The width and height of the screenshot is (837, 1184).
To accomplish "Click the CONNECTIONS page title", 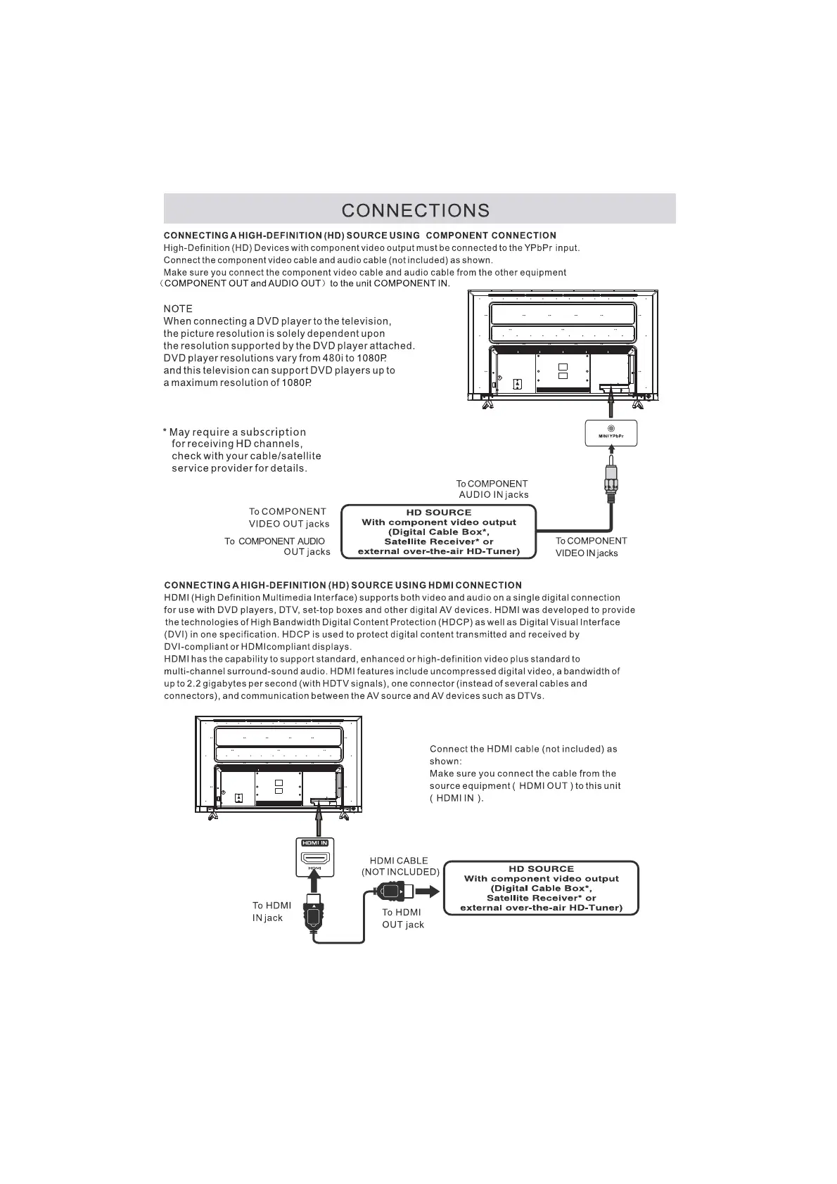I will coord(416,210).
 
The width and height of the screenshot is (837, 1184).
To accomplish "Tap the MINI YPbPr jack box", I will coord(611,433).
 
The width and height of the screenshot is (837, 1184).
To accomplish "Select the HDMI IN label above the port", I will coord(314,842).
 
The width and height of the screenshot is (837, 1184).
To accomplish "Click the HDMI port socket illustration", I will coord(315,858).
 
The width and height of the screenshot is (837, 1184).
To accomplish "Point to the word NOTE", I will coord(178,309).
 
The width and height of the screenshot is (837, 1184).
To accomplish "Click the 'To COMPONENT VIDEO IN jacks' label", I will coord(591,547).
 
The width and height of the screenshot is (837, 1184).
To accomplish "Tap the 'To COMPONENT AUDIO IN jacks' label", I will coord(492,489).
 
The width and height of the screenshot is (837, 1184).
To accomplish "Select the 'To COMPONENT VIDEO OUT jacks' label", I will coord(288,517).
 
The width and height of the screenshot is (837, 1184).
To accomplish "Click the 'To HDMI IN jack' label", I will coord(271,912).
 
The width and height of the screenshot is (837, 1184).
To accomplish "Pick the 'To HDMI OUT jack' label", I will coord(403,918).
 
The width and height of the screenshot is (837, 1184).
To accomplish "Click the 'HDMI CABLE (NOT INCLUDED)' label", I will coord(400,866).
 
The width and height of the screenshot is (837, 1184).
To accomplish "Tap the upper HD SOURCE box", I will coord(439,532).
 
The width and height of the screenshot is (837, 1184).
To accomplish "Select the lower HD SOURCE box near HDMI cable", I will coord(542,888).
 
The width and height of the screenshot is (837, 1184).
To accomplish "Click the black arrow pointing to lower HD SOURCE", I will coord(427,892).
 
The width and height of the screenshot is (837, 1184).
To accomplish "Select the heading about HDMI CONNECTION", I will coord(343,585).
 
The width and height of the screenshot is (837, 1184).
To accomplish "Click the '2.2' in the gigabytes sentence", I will coord(193,683).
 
